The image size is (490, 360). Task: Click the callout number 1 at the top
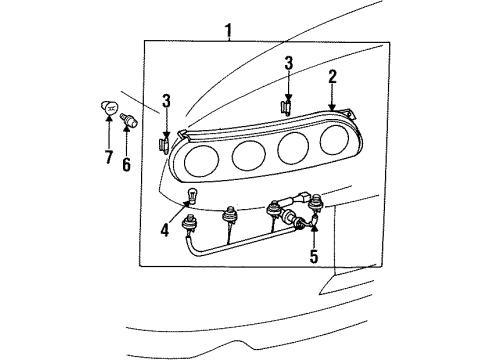click(x=229, y=30)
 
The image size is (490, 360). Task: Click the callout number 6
click(x=126, y=164)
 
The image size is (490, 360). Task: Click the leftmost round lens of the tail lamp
click(x=200, y=158)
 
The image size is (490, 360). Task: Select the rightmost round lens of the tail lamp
click(x=332, y=141)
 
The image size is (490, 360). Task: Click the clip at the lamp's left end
click(x=162, y=146)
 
